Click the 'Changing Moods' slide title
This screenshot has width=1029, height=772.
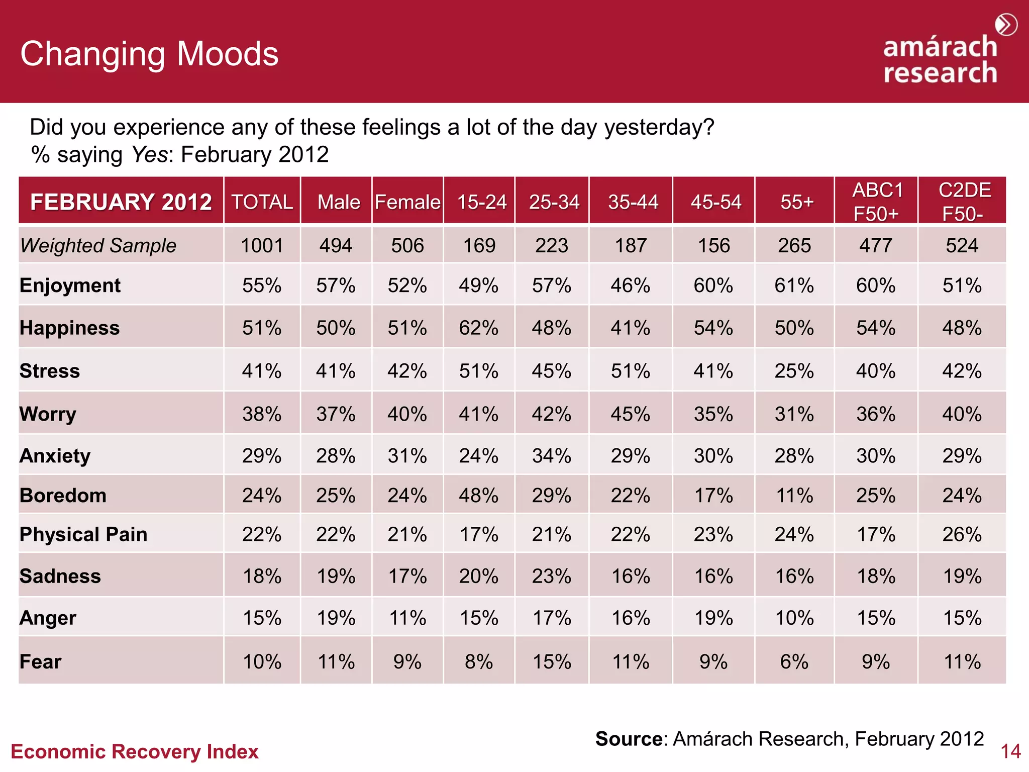pos(149,54)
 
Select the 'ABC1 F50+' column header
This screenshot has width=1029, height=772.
pos(877,202)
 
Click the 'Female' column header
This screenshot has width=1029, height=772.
pos(407,202)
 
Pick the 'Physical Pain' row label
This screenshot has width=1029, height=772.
pos(83,534)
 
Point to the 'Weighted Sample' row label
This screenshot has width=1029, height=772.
pos(98,246)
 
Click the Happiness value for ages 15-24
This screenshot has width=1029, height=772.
pos(478,328)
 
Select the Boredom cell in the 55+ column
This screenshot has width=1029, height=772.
pos(794,496)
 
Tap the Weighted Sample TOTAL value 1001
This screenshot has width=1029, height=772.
pos(262,246)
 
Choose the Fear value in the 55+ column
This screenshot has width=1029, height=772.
pos(794,661)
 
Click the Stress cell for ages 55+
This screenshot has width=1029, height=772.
pos(794,371)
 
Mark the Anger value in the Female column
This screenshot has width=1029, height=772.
pos(407,618)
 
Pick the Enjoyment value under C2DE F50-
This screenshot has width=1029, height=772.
pos(962,285)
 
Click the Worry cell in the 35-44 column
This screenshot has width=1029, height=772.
pos(630,414)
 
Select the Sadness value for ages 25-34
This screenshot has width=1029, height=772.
pos(551,576)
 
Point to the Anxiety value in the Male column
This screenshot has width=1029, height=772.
pos(336,456)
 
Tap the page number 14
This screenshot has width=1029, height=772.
pos(1010,751)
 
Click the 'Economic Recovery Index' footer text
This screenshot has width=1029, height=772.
pos(134,751)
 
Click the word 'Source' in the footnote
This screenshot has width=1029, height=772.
pos(629,739)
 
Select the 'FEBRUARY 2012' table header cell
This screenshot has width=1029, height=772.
pos(121,202)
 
